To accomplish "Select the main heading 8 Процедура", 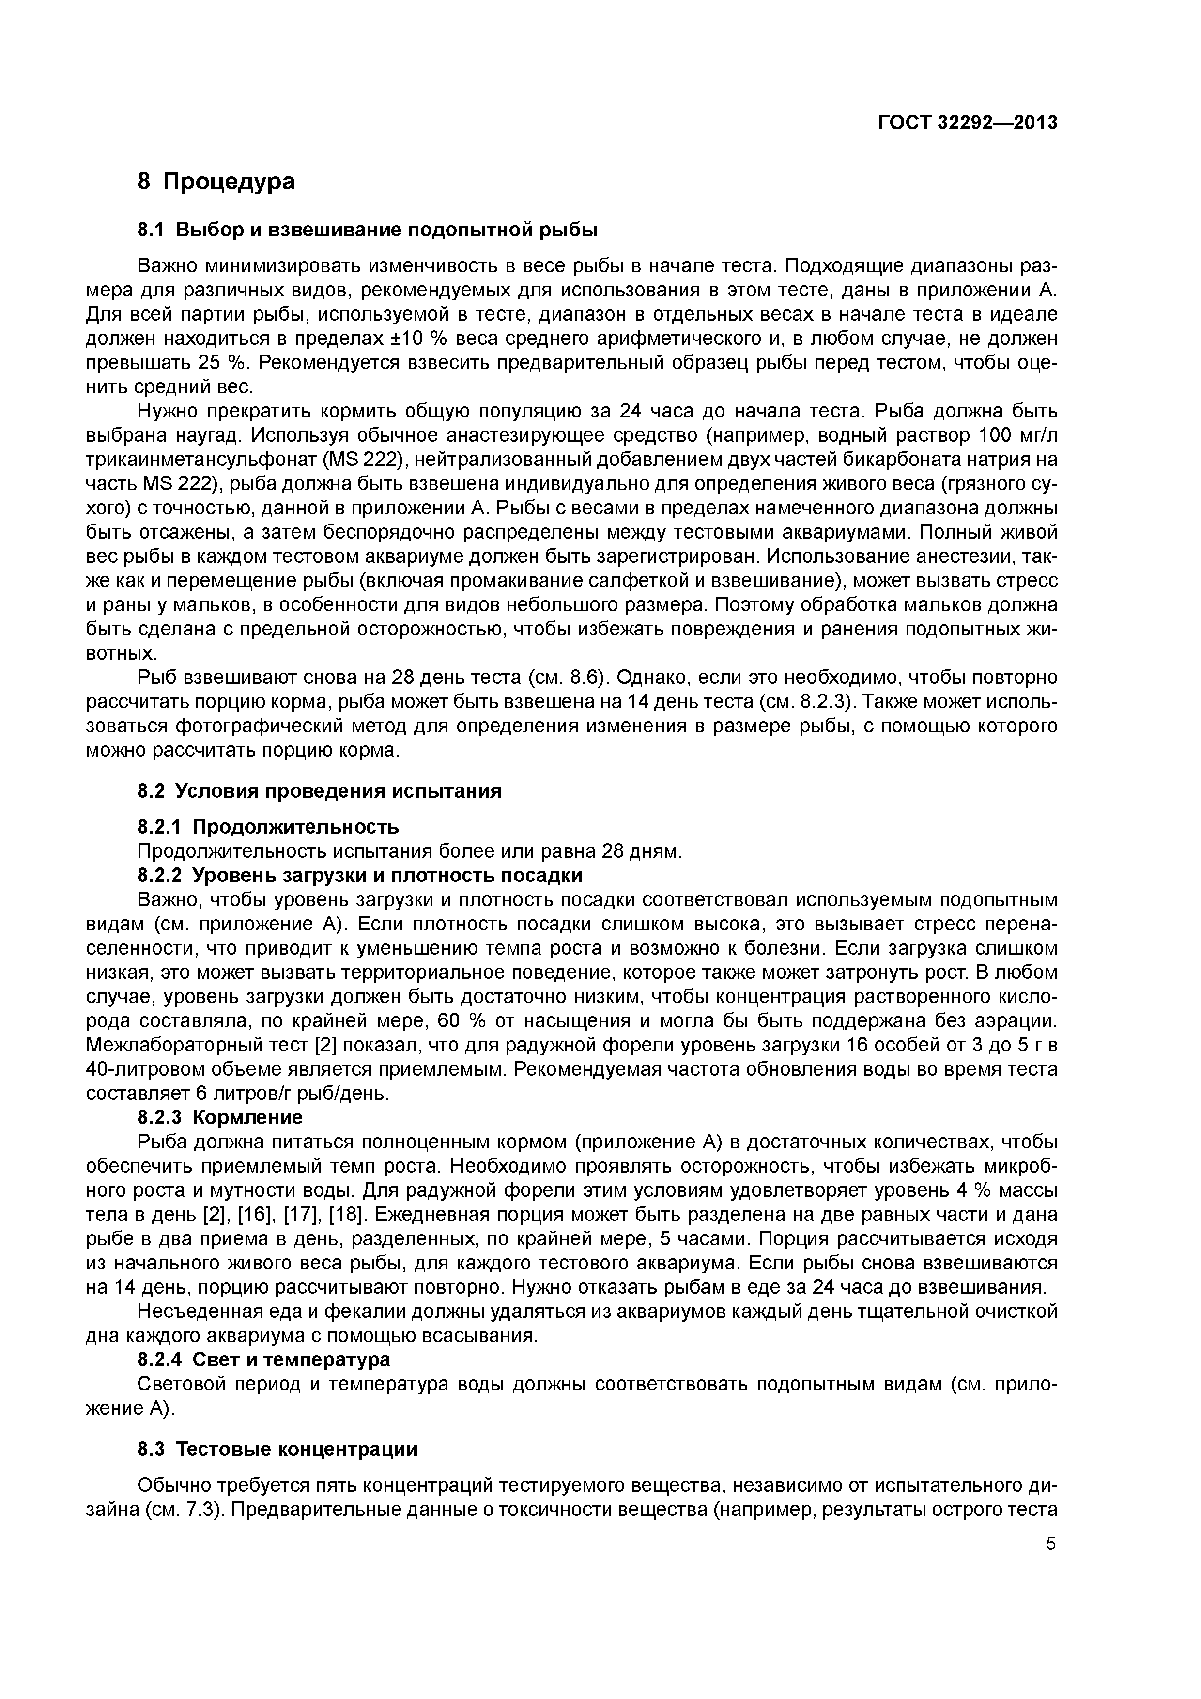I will coord(216,181).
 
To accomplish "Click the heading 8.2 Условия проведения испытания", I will coord(319,791).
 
